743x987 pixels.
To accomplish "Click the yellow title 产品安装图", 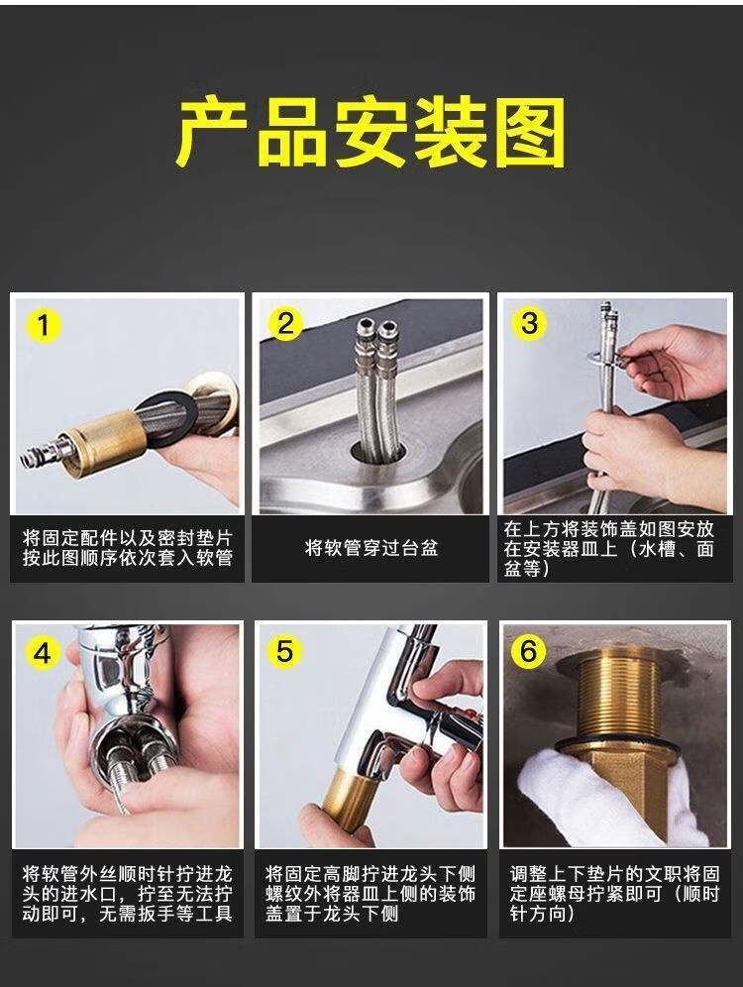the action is coord(371,134).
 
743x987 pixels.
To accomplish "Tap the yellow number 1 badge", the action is coord(43,325).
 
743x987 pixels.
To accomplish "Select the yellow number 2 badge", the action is coord(285,323).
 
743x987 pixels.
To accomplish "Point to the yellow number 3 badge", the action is coord(529,323).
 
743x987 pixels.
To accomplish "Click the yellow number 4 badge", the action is coord(43,653).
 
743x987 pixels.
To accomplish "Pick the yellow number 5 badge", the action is coord(285,651).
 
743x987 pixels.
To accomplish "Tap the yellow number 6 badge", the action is coord(528,651).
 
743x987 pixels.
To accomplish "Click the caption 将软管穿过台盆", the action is coord(371,548).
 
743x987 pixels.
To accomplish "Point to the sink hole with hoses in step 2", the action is coord(376,458).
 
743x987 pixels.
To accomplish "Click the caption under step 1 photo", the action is coord(128,548).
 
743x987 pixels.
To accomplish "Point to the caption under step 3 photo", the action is coord(608,548).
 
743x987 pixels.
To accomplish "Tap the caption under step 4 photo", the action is coord(128,894).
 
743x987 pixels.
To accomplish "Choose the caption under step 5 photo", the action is coord(371,894).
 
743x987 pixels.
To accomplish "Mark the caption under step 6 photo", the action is coord(614,894).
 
